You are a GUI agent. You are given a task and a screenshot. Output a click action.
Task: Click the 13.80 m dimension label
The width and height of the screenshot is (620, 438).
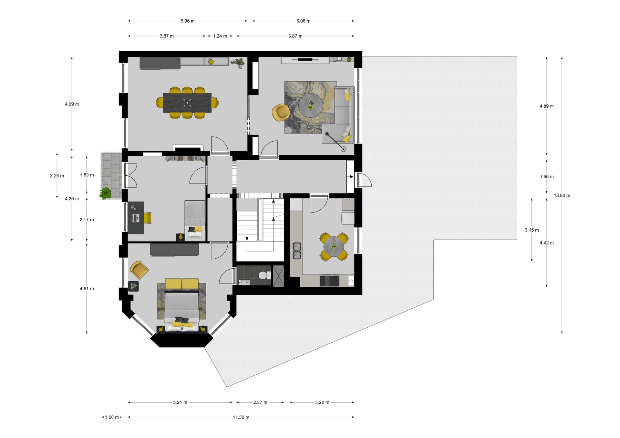tap(562, 195)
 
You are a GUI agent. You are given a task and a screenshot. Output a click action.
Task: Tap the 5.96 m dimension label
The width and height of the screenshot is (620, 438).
tap(188, 21)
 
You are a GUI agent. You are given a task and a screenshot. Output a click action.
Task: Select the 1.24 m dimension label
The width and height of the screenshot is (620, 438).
tap(220, 36)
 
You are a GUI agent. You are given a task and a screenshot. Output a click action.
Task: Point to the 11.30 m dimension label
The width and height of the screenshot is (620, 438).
tap(241, 417)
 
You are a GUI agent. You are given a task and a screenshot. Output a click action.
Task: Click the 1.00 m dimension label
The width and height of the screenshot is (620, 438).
tap(112, 417)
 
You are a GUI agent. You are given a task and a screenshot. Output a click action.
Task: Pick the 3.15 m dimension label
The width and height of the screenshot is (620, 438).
tap(532, 230)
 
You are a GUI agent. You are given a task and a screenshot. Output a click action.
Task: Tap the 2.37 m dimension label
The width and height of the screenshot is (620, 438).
tap(260, 402)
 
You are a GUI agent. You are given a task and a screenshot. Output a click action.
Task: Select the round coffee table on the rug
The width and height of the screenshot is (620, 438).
tap(311, 105)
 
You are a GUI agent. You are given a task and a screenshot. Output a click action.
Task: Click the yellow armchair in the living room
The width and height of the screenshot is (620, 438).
tap(281, 112)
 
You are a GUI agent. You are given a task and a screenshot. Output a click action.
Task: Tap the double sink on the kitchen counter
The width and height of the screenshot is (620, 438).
tap(297, 251)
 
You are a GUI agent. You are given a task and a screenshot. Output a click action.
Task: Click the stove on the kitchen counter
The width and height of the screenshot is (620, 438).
tap(329, 280)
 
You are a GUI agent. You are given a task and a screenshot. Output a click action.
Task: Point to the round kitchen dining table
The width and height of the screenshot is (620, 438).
tap(334, 247)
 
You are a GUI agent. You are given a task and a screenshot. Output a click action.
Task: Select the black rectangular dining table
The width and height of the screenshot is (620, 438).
tap(187, 103)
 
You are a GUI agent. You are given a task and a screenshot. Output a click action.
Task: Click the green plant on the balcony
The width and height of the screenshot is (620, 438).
tap(105, 193)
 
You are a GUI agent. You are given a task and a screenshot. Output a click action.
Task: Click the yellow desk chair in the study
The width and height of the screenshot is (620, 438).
tap(148, 218)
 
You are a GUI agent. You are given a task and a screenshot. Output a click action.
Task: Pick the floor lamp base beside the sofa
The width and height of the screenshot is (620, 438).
tap(344, 149)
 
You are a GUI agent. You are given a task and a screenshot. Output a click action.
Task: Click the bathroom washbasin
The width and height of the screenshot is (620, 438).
tap(244, 283)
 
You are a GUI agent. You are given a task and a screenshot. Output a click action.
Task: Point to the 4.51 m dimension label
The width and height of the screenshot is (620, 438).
tap(87, 289)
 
